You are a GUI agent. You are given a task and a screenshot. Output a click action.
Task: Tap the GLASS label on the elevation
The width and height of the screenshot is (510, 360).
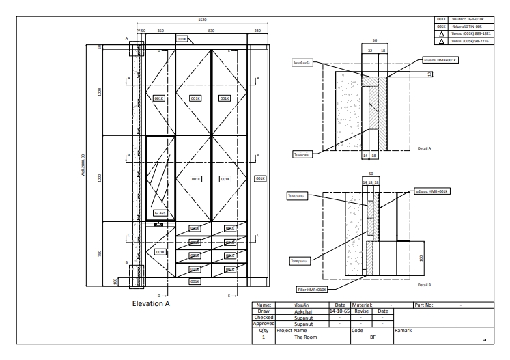pyautogui.click(x=160, y=213)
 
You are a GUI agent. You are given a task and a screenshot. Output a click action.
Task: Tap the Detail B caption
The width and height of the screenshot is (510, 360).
pyautogui.click(x=423, y=283)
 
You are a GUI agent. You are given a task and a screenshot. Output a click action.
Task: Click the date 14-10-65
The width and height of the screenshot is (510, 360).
pyautogui.click(x=339, y=311)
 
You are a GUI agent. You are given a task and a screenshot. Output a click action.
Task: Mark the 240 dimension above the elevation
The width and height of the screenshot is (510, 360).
pyautogui.click(x=257, y=31)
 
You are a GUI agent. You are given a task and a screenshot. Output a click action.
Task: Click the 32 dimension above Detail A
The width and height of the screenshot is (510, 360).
pyautogui.click(x=369, y=50)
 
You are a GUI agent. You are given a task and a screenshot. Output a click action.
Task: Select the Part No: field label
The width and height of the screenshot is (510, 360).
pyautogui.click(x=423, y=305)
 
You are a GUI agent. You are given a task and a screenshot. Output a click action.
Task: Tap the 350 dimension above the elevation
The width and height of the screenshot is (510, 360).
pyautogui.click(x=160, y=31)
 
